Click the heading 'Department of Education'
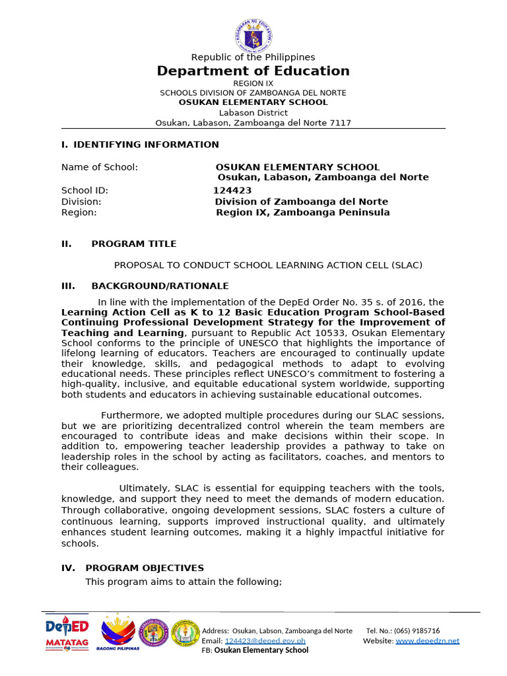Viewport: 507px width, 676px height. point(253,71)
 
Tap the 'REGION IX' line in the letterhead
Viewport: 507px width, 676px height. point(253,83)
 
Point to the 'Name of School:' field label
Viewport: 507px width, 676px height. point(100,168)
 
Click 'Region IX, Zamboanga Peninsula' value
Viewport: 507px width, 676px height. point(302,213)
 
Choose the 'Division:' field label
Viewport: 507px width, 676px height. point(81,201)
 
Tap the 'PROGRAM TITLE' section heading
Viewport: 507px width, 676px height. point(133,244)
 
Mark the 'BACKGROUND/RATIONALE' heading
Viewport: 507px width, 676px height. point(160,286)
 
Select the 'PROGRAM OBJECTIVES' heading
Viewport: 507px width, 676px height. point(145,568)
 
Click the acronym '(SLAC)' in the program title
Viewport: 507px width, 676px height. point(406,265)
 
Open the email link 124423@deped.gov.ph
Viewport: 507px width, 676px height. point(265,640)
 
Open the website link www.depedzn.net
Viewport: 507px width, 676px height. point(427,640)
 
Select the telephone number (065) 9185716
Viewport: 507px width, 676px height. point(417,630)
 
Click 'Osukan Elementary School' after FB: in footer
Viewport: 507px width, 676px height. point(261,650)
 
